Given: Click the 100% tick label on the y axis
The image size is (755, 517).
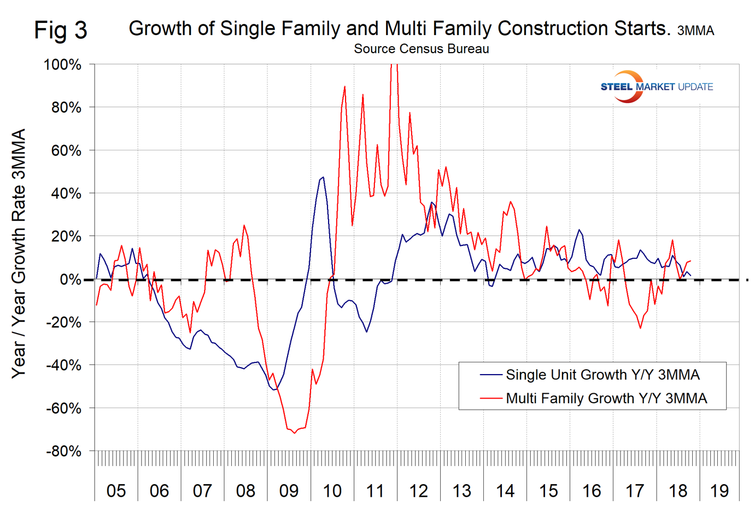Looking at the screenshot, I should pyautogui.click(x=62, y=65).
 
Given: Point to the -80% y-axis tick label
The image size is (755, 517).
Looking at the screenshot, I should pyautogui.click(x=63, y=451).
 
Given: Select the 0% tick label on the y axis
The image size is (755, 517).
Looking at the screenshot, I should pyautogui.click(x=71, y=279).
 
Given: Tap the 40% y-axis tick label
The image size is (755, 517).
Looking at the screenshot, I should pyautogui.click(x=66, y=193).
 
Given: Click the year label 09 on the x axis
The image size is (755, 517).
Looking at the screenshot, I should pyautogui.click(x=289, y=490).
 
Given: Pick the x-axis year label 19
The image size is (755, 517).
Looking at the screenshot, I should pyautogui.click(x=719, y=490).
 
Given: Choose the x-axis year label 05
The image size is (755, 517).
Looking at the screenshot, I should pyautogui.click(x=116, y=490).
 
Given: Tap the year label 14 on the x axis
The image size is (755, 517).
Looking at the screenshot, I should pyautogui.click(x=505, y=490).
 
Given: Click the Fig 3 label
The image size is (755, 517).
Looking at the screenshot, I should pyautogui.click(x=61, y=30).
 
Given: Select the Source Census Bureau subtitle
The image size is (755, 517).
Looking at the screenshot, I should pyautogui.click(x=421, y=49).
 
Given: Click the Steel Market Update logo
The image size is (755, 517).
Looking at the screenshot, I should pyautogui.click(x=656, y=87).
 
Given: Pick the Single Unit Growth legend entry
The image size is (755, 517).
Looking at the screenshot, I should pyautogui.click(x=602, y=375).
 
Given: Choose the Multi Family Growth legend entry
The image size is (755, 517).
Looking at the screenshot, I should pyautogui.click(x=606, y=398).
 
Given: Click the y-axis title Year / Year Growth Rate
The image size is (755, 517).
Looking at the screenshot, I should pyautogui.click(x=19, y=253).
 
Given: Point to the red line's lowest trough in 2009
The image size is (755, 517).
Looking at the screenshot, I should pyautogui.click(x=294, y=433).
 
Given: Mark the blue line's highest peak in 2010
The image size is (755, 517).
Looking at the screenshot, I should pyautogui.click(x=323, y=177).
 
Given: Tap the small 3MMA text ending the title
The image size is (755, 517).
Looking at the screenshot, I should pyautogui.click(x=695, y=31).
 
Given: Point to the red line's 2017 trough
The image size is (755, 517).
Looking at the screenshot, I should pyautogui.click(x=640, y=328).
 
